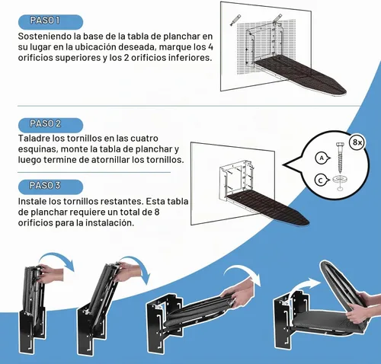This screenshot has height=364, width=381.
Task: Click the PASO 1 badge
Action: pyautogui.click(x=50, y=22)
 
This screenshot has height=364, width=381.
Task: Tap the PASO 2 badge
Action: pyautogui.click(x=50, y=125)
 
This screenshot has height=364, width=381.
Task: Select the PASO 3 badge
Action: pyautogui.click(x=50, y=187)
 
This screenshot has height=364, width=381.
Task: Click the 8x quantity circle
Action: pyautogui.click(x=357, y=142)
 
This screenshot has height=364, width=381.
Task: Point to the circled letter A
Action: pyautogui.click(x=322, y=158)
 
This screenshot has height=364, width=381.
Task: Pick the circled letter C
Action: pyautogui.click(x=321, y=180)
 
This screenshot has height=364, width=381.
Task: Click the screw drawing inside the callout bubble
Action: pyautogui.click(x=340, y=157)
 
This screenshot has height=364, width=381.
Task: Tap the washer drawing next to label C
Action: pyautogui.click(x=340, y=180)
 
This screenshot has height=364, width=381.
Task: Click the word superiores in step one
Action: pyautogui.click(x=78, y=58)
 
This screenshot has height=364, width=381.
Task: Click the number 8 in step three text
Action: pyautogui.click(x=157, y=212)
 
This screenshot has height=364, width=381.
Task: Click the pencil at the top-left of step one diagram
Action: pyautogui.click(x=235, y=21)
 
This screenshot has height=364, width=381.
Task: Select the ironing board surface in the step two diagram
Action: pyautogui.click(x=268, y=209)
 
